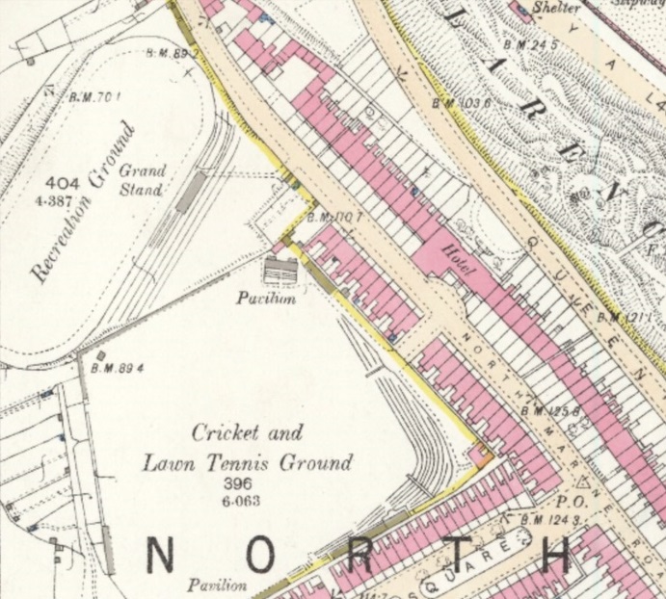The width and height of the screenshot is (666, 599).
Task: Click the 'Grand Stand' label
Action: coord(143,180)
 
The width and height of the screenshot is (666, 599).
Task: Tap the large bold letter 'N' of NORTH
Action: coord(161,557)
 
